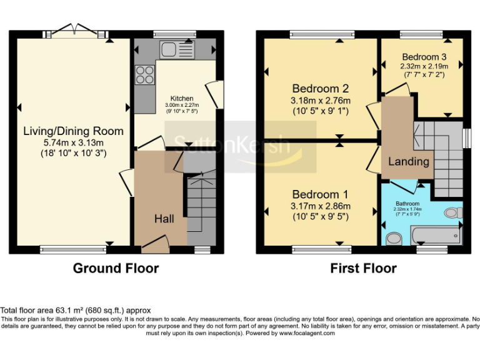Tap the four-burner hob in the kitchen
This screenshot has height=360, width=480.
pyautogui.click(x=145, y=75)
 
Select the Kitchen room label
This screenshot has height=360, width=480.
pyautogui.click(x=182, y=99)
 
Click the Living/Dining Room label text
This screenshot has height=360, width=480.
pyautogui.click(x=73, y=131)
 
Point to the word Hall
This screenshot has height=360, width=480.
pyautogui.click(x=164, y=219)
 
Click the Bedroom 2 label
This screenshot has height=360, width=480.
pyautogui.click(x=320, y=89)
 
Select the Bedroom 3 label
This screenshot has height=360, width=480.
pyautogui.click(x=424, y=56)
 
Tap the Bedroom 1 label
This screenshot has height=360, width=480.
pyautogui.click(x=320, y=194)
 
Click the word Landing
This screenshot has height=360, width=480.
pyautogui.click(x=409, y=161)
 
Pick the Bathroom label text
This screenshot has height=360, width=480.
pyautogui.click(x=407, y=203)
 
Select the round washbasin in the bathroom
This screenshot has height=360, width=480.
pyautogui.click(x=393, y=239)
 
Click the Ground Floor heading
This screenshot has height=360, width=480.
pyautogui.click(x=116, y=269)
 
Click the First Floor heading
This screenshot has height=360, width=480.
pyautogui.click(x=363, y=269)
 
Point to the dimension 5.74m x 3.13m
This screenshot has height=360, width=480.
pyautogui.click(x=73, y=142)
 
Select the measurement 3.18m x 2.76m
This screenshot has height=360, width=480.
pyautogui.click(x=320, y=101)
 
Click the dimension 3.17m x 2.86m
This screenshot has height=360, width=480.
pyautogui.click(x=320, y=206)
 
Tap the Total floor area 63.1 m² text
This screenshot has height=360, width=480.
pyautogui.click(x=76, y=310)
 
